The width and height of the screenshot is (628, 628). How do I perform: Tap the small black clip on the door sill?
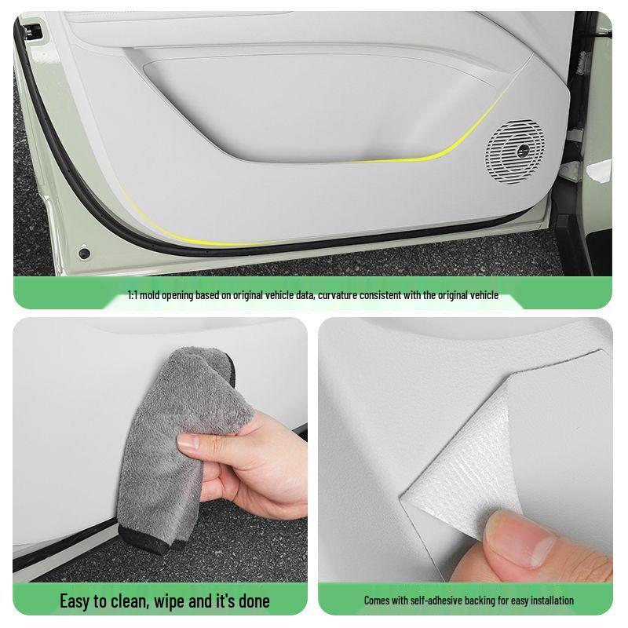(84, 254)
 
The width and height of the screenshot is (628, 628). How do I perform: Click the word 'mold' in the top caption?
(156, 296)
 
